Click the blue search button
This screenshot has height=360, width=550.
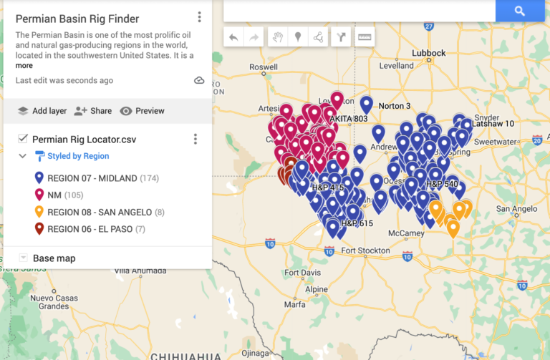[520, 11]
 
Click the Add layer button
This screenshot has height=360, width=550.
[42, 111]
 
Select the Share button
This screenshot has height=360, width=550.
[93, 111]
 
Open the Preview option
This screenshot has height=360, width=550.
[143, 111]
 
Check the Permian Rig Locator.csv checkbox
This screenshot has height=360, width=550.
[23, 139]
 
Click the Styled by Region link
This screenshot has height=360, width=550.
[78, 156]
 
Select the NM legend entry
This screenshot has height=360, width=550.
[54, 195]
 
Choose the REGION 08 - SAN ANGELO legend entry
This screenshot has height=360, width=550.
[100, 212]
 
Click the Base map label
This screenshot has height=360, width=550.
[54, 258]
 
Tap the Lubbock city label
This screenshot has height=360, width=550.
[428, 53]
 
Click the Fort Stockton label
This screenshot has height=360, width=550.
[365, 250]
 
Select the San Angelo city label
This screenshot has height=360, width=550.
[516, 210]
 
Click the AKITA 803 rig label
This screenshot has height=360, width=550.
[350, 118]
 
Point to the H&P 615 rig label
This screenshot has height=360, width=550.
[357, 223]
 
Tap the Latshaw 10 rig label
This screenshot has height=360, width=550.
[493, 124]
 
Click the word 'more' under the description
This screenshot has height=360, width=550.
[24, 66]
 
